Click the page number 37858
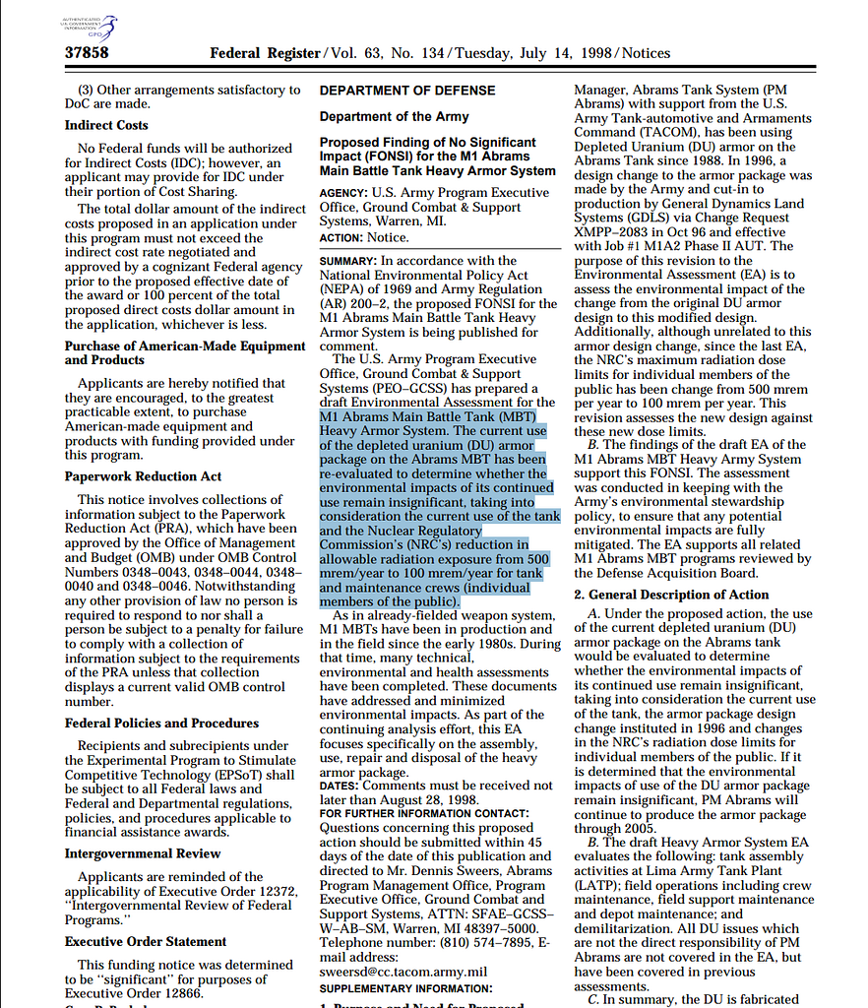point(87,53)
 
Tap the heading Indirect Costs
point(106,126)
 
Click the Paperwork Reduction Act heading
point(143,477)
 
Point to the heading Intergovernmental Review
point(143,853)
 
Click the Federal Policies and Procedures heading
point(161,724)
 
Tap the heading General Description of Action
point(671,595)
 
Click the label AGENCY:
point(343,193)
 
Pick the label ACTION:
point(341,238)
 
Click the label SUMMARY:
point(347,261)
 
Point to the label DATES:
point(339,786)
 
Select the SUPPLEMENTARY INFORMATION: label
point(405,987)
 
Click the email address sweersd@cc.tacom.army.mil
point(403,972)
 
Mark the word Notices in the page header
point(646,53)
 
